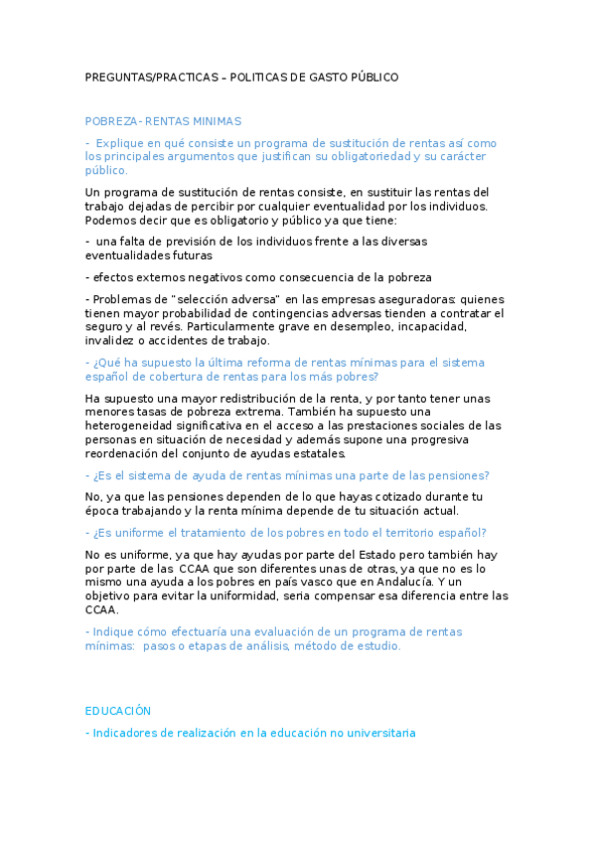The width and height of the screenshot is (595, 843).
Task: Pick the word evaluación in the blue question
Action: pyautogui.click(x=268, y=632)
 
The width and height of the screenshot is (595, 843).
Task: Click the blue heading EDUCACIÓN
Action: pyautogui.click(x=118, y=711)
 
